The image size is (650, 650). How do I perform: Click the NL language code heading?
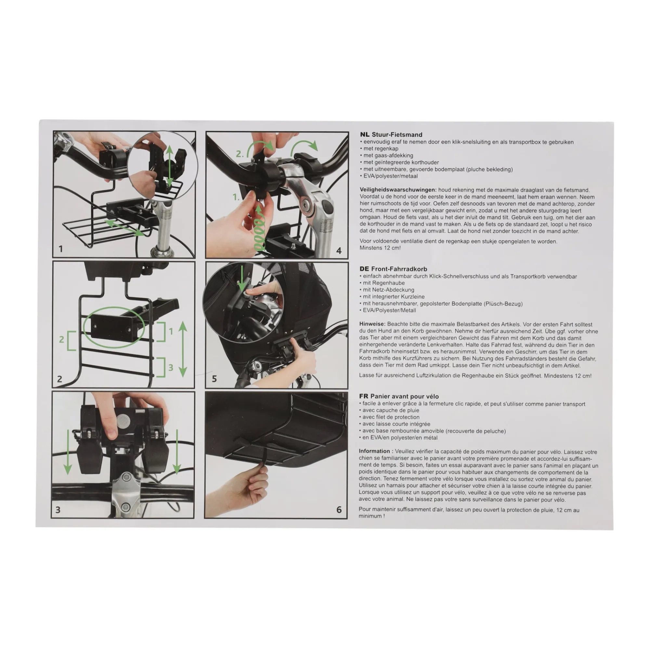(364, 135)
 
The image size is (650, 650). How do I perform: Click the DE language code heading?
(364, 269)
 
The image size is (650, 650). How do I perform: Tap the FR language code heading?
(364, 396)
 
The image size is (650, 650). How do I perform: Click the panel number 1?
(60, 249)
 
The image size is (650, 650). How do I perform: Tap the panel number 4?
(339, 251)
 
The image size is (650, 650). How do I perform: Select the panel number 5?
(214, 379)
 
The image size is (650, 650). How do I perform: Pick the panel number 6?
(339, 510)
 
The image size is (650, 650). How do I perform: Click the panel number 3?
(58, 510)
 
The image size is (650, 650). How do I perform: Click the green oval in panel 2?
(114, 327)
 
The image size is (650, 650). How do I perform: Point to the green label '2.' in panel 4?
(240, 154)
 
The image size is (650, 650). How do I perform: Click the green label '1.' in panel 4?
(236, 197)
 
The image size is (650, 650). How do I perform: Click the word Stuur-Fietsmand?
(397, 135)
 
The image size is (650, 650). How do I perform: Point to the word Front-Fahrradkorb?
(399, 269)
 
